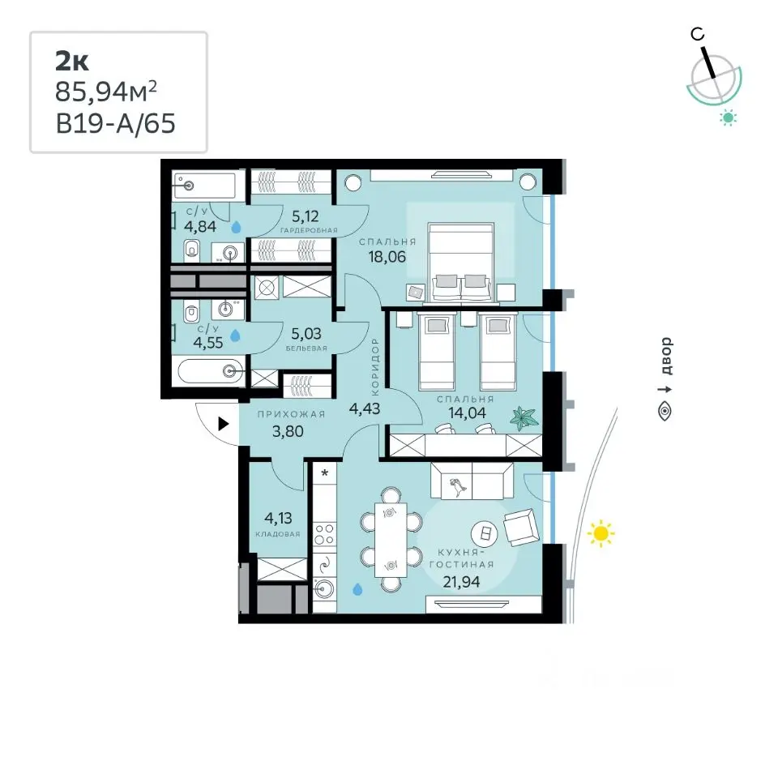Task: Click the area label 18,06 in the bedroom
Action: [387, 257]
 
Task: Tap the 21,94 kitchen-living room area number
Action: [461, 582]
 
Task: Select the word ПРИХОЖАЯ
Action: [291, 414]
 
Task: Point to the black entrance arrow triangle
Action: [224, 424]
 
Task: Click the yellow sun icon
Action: [601, 533]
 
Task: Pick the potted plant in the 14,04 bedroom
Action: [524, 418]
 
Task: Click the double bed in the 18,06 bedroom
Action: [461, 262]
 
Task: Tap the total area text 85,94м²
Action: [105, 92]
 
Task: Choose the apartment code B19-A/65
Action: [116, 123]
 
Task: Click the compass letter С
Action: [698, 34]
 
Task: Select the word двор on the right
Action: [666, 356]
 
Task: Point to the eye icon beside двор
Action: [665, 412]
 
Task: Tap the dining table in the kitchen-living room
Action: [391, 540]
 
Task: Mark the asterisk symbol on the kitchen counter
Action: [325, 472]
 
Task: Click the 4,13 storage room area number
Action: [278, 519]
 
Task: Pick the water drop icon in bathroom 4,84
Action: [236, 227]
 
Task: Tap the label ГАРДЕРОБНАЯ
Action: [309, 230]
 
